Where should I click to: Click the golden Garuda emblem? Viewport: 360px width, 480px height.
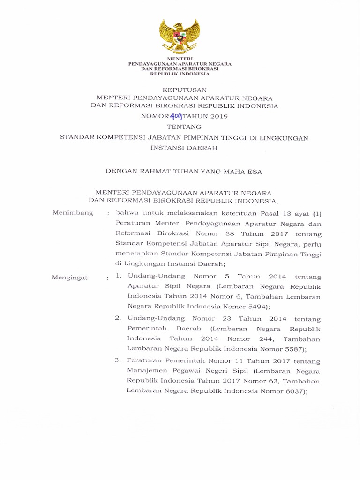pos(180,36)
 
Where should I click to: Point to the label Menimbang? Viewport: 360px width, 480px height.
pos(73,213)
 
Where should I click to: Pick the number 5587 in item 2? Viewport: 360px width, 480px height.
pos(292,348)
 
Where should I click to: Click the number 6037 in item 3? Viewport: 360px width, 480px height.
pos(294,391)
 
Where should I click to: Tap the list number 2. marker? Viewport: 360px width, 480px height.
pos(119,318)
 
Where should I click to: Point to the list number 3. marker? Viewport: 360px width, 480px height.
pos(118,360)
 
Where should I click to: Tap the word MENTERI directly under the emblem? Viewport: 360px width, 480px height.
pos(180,58)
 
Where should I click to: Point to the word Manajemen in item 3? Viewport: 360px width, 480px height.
pos(144,370)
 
